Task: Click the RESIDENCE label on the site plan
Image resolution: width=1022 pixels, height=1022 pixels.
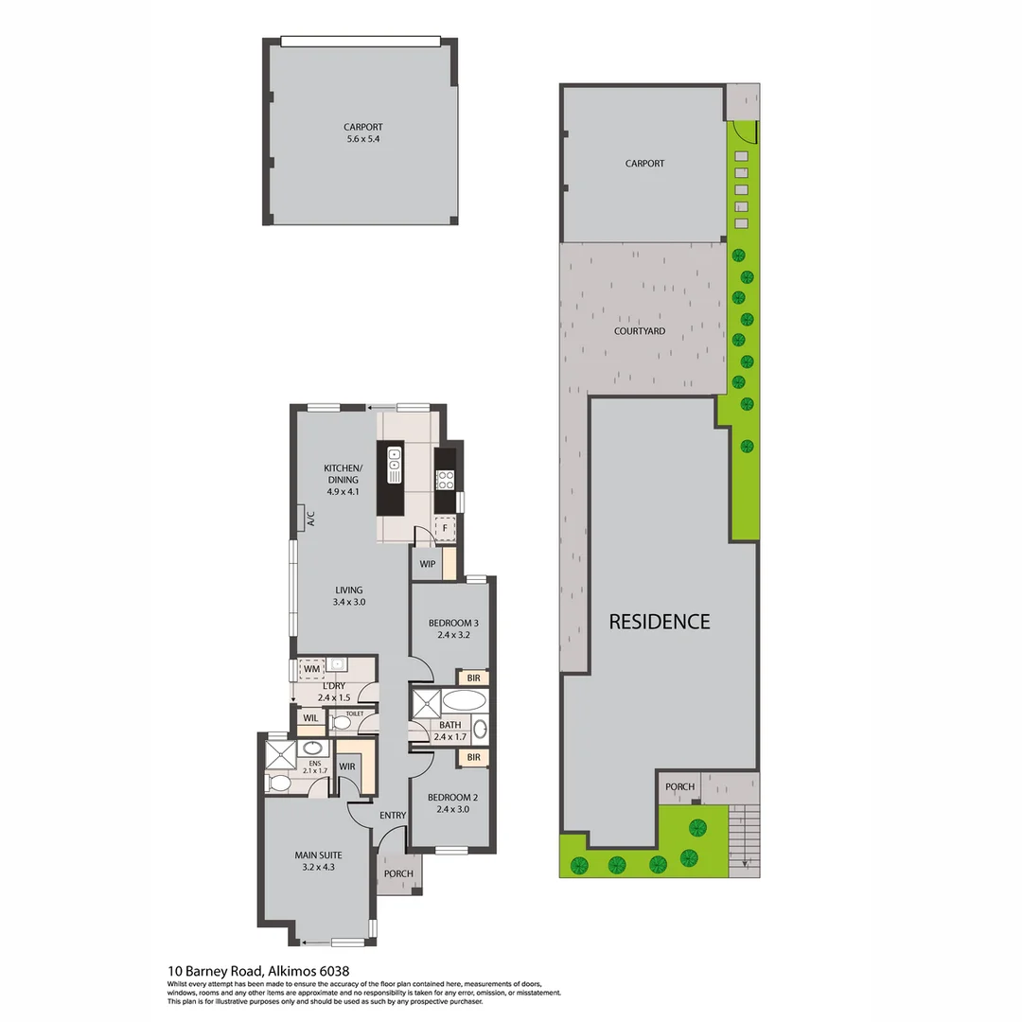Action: [659, 622]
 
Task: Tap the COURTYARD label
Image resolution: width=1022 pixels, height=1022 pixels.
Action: [640, 331]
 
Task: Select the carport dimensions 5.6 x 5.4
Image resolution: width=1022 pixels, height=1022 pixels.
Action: [363, 139]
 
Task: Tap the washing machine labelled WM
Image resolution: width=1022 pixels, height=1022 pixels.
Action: [311, 669]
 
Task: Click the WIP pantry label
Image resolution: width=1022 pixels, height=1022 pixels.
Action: [427, 564]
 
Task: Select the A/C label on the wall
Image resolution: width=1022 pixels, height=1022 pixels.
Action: [310, 518]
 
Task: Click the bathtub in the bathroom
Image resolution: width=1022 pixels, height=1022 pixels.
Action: [464, 701]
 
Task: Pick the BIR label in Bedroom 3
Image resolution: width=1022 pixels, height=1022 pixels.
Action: [473, 678]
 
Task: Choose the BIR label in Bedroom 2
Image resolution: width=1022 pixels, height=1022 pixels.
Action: [473, 758]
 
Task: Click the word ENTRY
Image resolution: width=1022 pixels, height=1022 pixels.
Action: [393, 816]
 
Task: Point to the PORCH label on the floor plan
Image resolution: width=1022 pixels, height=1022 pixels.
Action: [398, 873]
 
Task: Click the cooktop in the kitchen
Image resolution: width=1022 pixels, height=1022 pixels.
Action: [445, 479]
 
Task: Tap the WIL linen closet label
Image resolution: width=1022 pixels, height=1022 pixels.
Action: [308, 718]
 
